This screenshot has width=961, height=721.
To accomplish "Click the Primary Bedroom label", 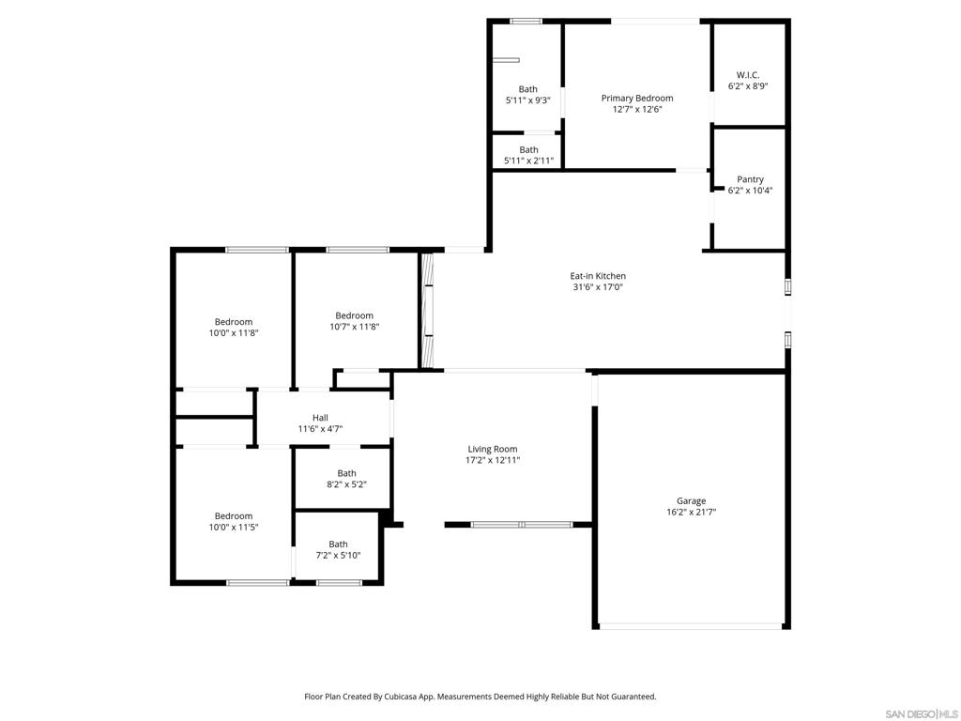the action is point(637,98).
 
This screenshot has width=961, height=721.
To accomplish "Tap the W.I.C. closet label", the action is point(748,75).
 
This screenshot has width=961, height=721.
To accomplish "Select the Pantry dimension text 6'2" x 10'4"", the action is point(750,191).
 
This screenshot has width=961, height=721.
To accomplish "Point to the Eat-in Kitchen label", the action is point(598,276).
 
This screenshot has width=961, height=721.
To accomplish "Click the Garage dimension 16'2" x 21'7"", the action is point(692,512).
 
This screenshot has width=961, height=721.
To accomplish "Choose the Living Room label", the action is point(492,449).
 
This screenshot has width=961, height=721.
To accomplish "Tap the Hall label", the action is point(320,418).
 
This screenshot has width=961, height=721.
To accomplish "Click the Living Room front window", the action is point(521,525).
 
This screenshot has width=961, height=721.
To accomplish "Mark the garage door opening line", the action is point(690,626).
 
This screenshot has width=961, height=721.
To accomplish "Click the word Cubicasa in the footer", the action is point(402,697).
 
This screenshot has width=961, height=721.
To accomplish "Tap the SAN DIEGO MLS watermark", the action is point(922,713).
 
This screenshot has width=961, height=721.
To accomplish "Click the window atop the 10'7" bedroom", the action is point(358,250).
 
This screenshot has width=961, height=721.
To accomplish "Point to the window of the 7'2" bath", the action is point(339,582).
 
